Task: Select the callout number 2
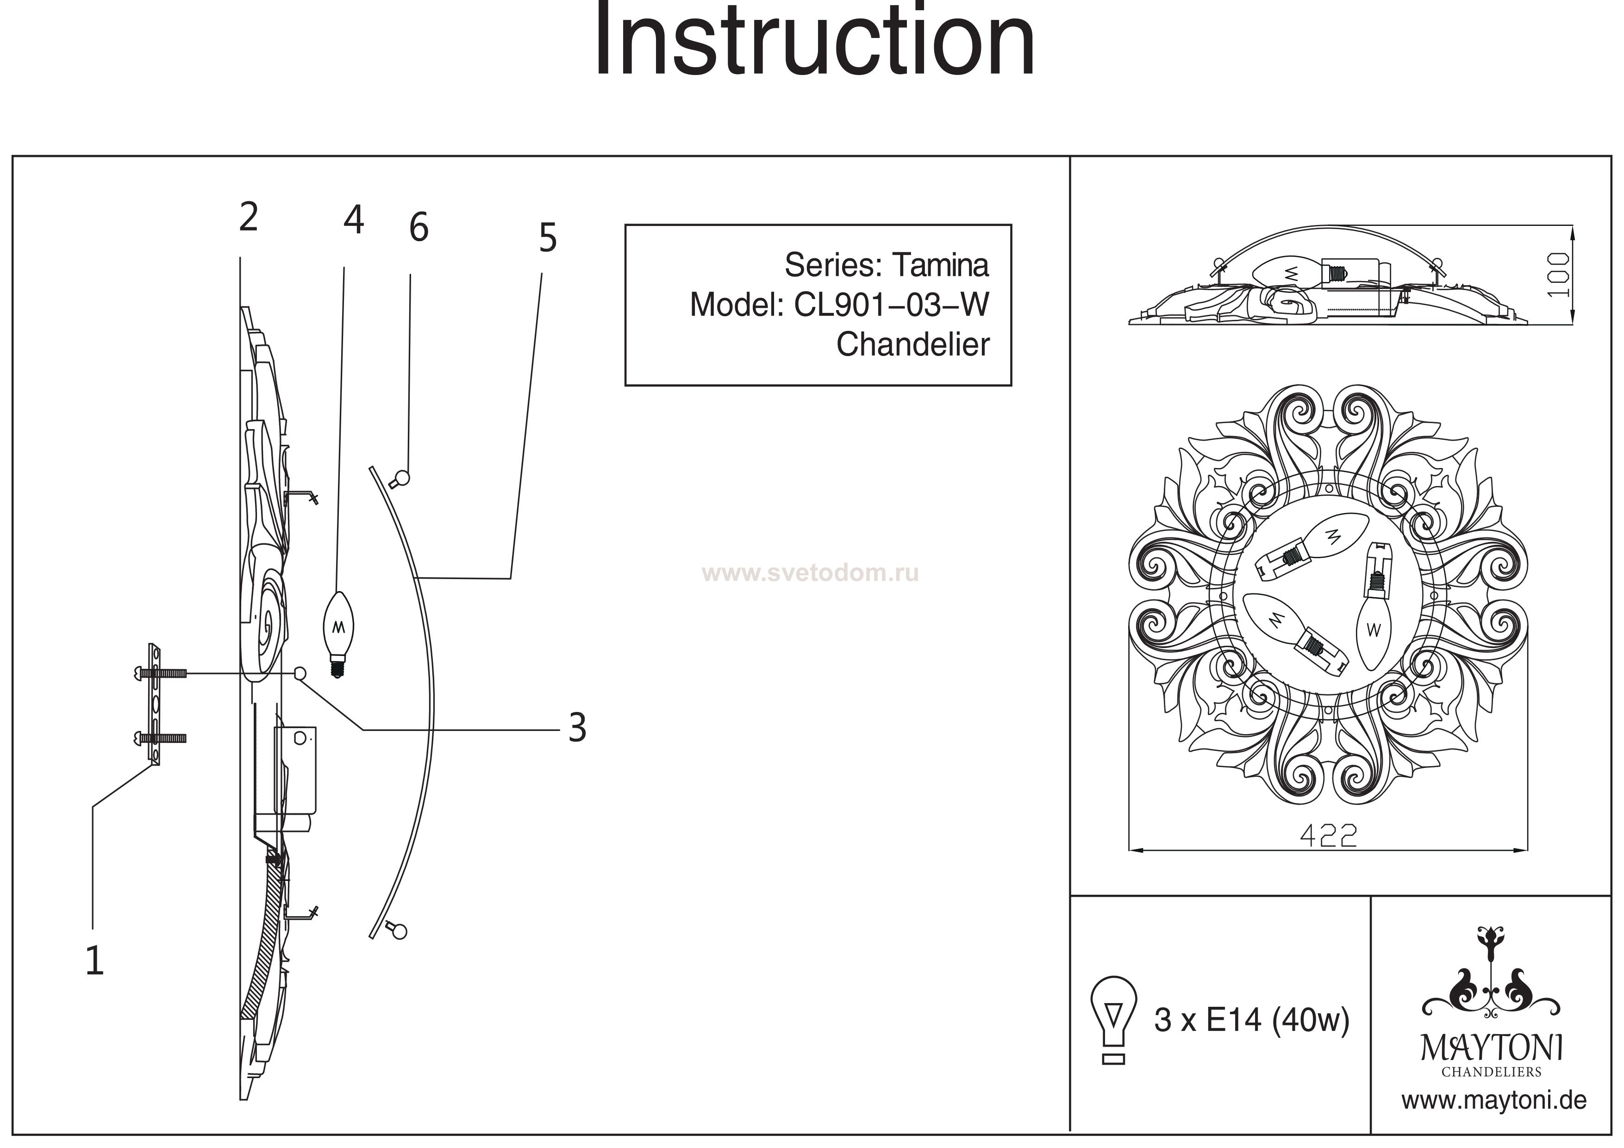(x=248, y=217)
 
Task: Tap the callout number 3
(x=577, y=727)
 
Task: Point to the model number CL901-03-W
(x=891, y=305)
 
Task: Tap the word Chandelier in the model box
(x=912, y=344)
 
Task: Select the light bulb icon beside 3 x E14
(x=1113, y=1019)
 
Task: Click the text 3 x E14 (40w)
(x=1251, y=1020)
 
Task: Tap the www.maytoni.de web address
(x=1494, y=1101)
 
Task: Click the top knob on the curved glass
(x=402, y=479)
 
